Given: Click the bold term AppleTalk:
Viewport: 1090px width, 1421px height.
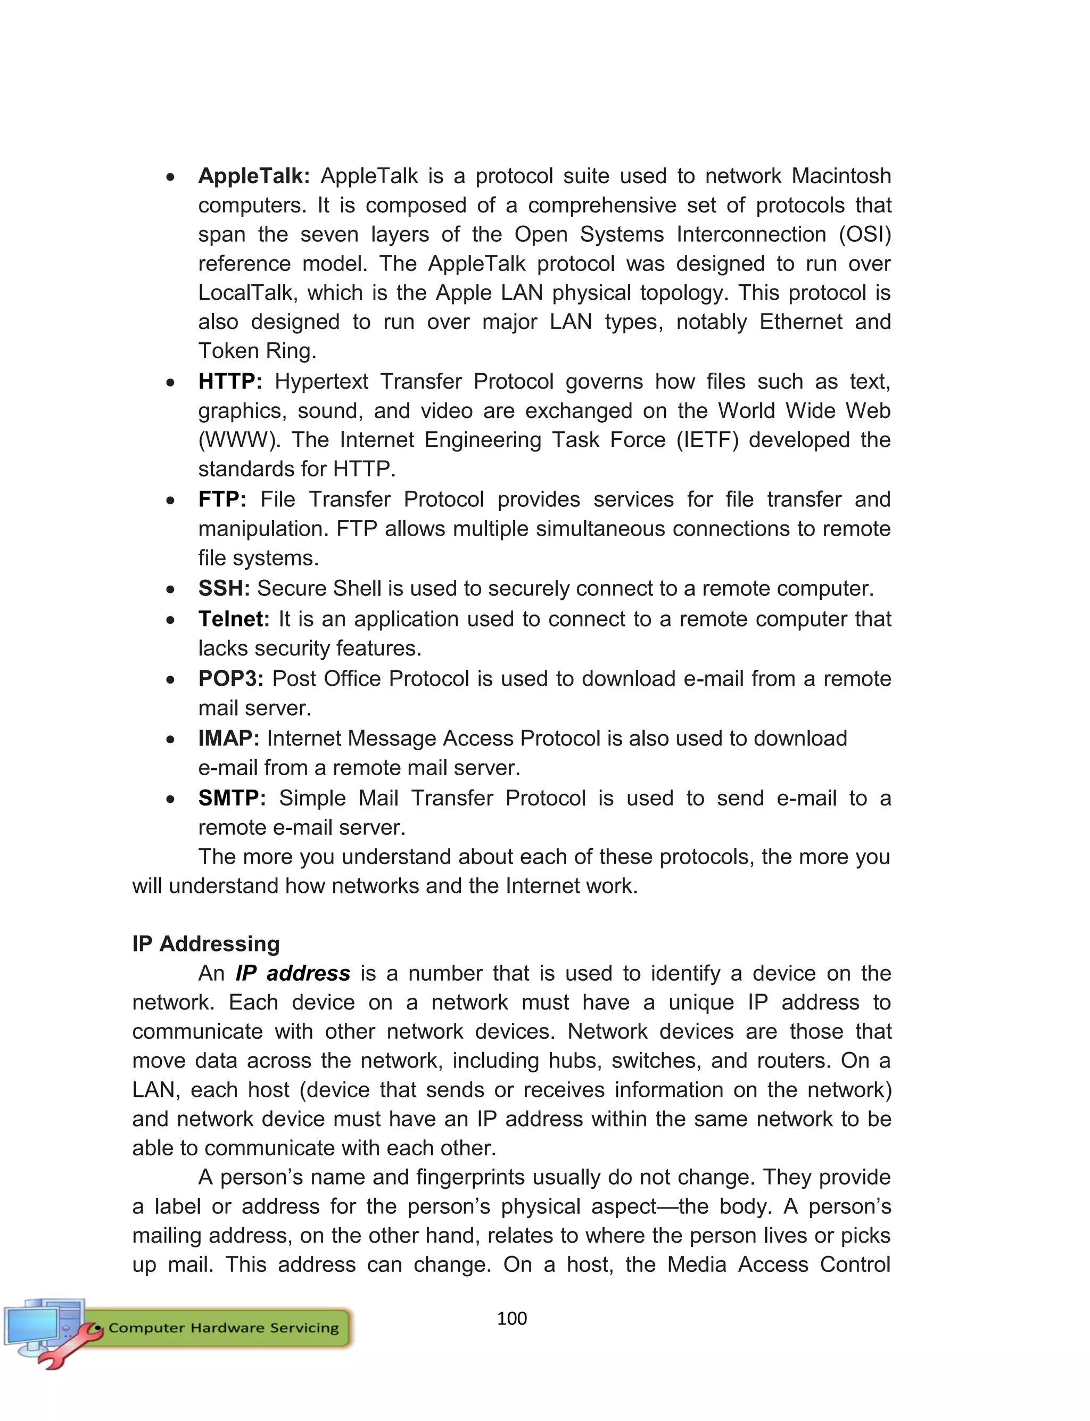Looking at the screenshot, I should click(254, 176).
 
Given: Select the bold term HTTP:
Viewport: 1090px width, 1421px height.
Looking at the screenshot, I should click(230, 382).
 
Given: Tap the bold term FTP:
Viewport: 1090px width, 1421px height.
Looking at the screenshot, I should click(222, 499).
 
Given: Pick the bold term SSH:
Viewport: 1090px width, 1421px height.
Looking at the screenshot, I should click(224, 588).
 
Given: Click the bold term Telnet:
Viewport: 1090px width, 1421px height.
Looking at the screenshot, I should click(234, 619).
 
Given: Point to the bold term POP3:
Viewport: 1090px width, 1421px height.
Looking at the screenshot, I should click(230, 679).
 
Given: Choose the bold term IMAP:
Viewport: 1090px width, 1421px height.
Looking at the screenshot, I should click(228, 738).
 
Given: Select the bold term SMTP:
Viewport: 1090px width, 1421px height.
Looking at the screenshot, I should click(232, 798).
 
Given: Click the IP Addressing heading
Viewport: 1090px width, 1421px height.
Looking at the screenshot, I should click(205, 943).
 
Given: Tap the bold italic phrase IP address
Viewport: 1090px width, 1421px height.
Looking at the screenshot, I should click(293, 973).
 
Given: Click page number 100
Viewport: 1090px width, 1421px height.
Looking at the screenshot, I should click(511, 1318).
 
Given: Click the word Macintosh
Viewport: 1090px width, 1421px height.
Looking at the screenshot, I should click(841, 176).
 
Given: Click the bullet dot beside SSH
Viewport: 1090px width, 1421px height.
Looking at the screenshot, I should click(170, 589).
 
